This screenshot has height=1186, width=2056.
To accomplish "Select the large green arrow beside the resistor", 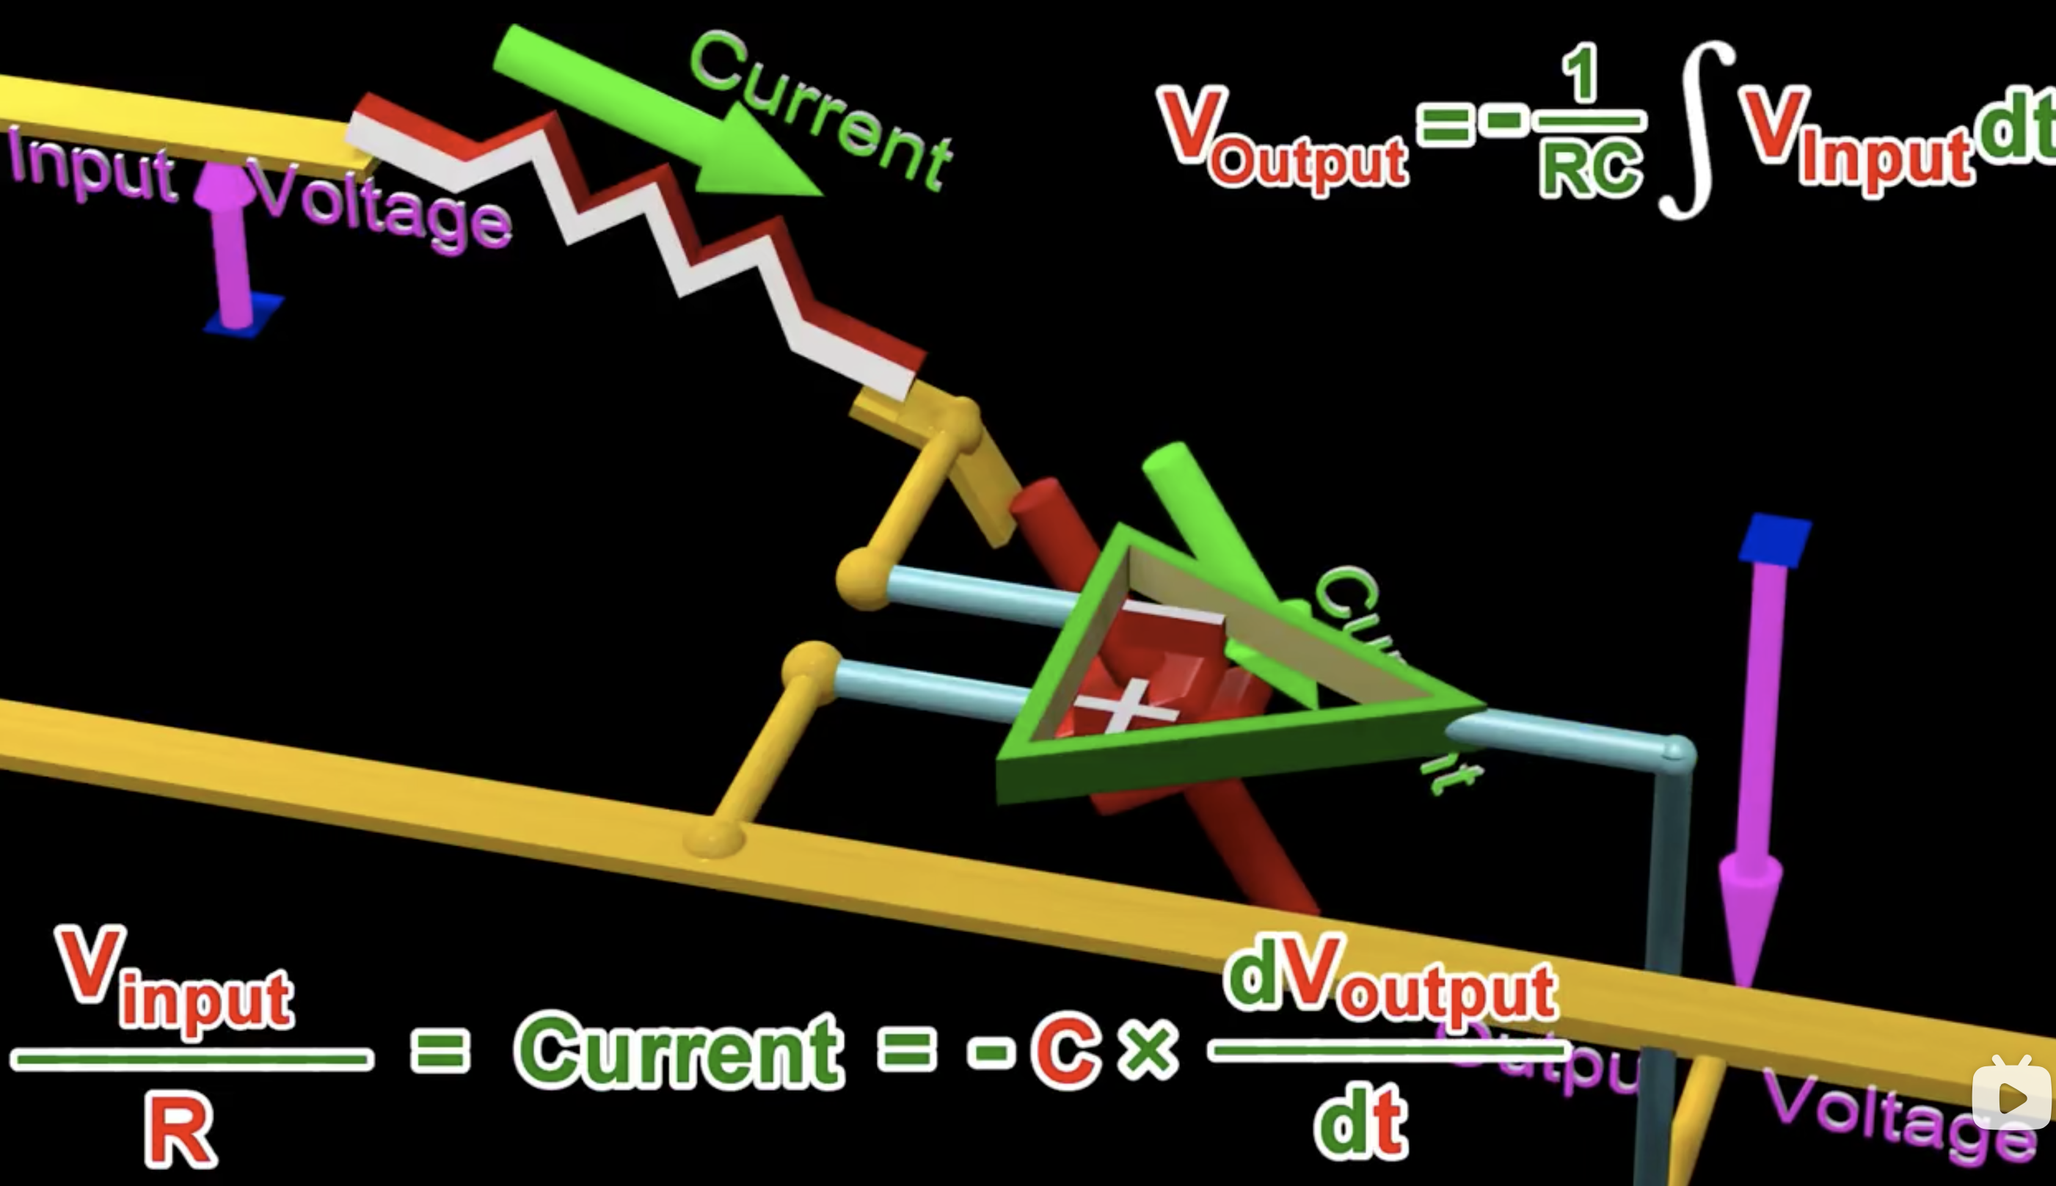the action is pos(652,106).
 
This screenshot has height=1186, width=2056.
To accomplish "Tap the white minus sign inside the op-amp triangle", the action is pos(1173,613).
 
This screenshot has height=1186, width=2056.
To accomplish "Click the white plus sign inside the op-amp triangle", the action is pos(1127,705).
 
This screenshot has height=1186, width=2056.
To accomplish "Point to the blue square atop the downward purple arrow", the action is pos(1775,539).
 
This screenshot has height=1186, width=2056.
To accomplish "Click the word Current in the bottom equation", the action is pos(680,1051).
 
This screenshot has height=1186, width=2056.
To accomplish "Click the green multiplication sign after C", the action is pos(1148,1051).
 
